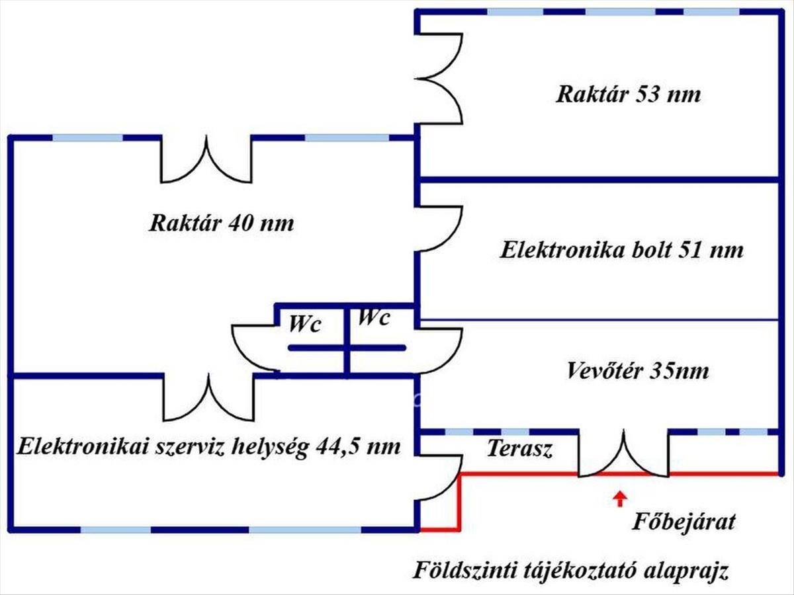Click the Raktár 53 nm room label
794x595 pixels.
pyautogui.click(x=628, y=94)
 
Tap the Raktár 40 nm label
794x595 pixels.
pyautogui.click(x=221, y=223)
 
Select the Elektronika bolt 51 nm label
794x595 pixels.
pyautogui.click(x=621, y=251)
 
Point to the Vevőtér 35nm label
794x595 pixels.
pyautogui.click(x=637, y=371)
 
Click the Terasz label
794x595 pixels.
pyautogui.click(x=519, y=449)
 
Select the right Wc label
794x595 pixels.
pyautogui.click(x=374, y=317)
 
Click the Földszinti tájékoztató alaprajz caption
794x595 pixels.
pyautogui.click(x=571, y=570)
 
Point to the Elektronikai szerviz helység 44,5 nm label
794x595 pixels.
pyautogui.click(x=209, y=446)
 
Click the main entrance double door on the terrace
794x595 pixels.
pyautogui.click(x=623, y=455)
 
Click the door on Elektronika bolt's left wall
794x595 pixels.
pyautogui.click(x=438, y=229)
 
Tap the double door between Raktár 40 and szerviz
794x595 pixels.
pyautogui.click(x=208, y=398)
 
